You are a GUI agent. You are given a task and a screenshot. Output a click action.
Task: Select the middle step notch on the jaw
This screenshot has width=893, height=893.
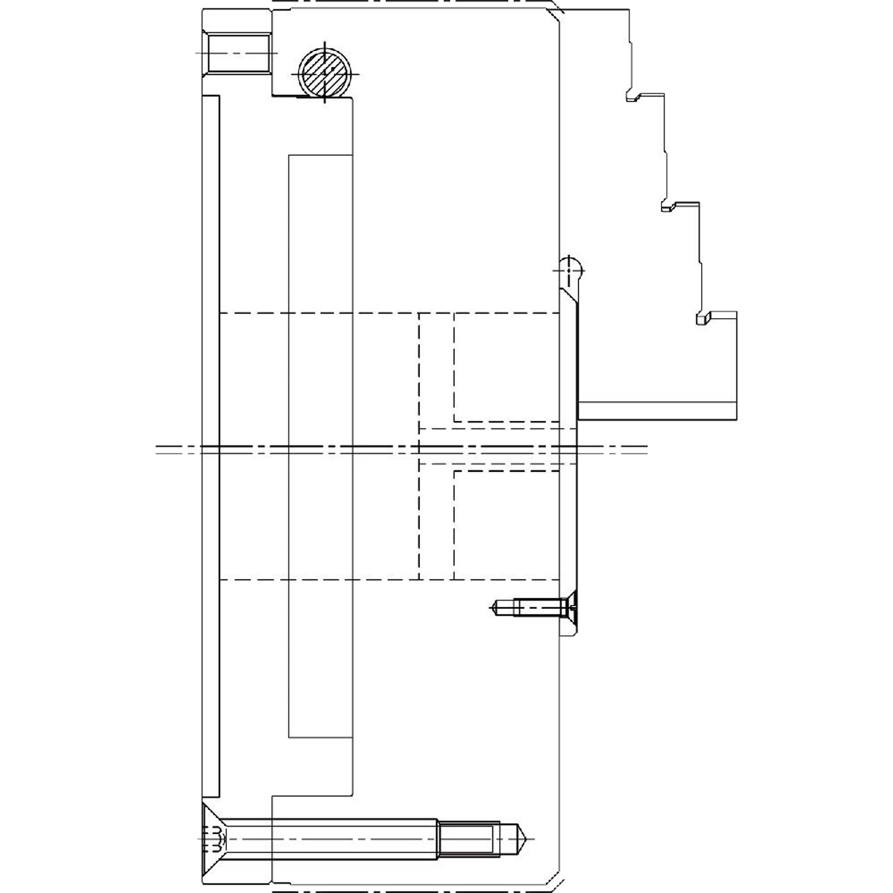point(666,207)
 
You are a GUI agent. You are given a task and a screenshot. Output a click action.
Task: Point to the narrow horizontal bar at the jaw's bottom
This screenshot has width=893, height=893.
point(657,410)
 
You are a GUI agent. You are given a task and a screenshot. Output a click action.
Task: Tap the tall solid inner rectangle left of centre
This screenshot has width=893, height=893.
point(320,446)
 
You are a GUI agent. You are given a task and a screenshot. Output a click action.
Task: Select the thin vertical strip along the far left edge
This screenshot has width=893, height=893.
point(210,446)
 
